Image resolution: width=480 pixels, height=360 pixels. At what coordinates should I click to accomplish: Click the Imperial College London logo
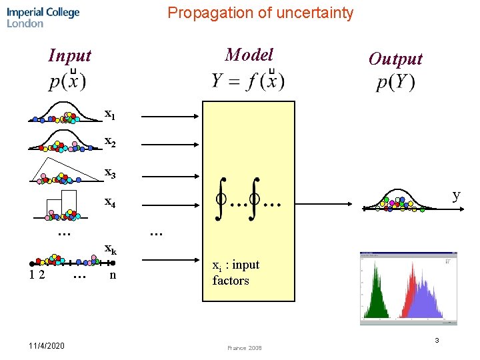(x=43, y=17)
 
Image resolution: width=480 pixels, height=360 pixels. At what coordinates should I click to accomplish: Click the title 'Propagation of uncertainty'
(x=260, y=13)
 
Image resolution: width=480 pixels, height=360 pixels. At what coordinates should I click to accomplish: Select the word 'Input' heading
(x=69, y=55)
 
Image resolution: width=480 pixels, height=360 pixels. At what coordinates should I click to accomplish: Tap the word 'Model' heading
(x=249, y=55)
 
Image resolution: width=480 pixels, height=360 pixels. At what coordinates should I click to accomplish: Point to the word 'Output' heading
(x=395, y=59)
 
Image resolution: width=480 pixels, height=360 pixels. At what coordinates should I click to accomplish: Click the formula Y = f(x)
(x=248, y=81)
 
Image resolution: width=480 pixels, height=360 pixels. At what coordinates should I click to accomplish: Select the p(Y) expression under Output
(x=395, y=82)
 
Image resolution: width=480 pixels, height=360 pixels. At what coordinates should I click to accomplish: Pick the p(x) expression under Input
(x=67, y=81)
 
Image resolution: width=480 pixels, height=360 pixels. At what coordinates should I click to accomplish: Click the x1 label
(x=110, y=114)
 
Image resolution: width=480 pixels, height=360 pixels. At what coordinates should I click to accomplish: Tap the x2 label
(x=110, y=143)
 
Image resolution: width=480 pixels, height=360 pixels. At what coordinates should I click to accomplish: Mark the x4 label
(x=110, y=203)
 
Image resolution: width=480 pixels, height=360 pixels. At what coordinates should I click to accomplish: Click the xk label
(x=111, y=249)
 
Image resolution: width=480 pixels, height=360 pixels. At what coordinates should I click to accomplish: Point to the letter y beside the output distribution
(x=456, y=195)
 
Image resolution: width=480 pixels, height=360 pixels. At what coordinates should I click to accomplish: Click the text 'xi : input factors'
(x=235, y=273)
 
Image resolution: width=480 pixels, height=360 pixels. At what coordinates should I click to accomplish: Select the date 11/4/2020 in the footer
(x=47, y=345)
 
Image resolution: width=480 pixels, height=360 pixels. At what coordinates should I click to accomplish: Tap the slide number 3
(x=437, y=341)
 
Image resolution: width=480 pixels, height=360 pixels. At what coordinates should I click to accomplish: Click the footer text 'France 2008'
(x=244, y=348)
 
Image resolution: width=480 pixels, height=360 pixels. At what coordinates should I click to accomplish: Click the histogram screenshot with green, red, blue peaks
(x=408, y=288)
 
